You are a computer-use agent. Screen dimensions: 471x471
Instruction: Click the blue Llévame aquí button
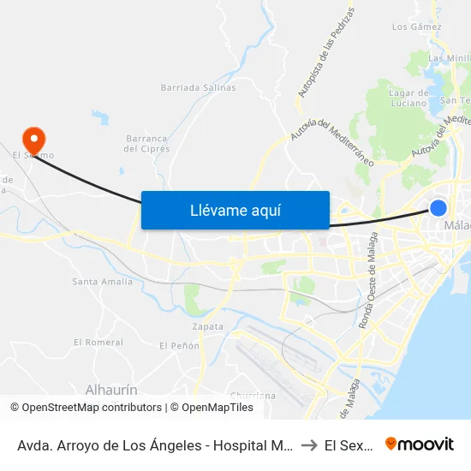(x=235, y=210)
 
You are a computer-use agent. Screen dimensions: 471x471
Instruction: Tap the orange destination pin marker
(x=34, y=139)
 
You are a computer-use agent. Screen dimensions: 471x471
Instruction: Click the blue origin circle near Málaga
(x=438, y=208)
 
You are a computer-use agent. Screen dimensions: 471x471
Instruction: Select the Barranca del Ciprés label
(x=147, y=142)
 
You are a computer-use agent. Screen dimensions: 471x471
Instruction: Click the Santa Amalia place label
(x=102, y=281)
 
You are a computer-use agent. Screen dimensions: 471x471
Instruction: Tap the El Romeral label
(x=98, y=343)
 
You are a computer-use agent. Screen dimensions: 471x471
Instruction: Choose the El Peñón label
(x=179, y=345)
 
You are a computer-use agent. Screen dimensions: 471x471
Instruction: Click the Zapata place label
(x=208, y=326)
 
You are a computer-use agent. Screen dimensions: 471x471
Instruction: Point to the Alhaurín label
(x=111, y=390)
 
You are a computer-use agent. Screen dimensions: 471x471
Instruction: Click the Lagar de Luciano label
(x=408, y=98)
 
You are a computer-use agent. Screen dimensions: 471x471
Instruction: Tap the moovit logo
(x=419, y=444)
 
